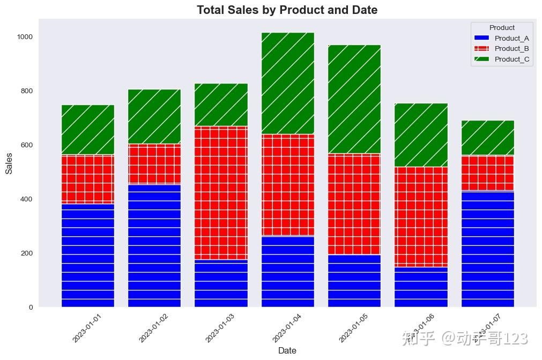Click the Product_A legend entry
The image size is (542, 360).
[x=511, y=38]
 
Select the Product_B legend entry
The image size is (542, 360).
[x=511, y=49]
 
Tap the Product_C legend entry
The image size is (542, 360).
[x=511, y=59]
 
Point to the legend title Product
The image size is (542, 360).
[x=502, y=27]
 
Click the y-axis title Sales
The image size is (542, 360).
[x=9, y=162]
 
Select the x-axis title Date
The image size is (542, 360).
[x=287, y=350]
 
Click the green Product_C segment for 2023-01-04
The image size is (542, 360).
[x=288, y=83]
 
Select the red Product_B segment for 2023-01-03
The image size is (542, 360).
[x=221, y=193]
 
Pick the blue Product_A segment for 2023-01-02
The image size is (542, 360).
[x=154, y=245]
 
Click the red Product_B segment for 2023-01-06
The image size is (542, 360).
[x=421, y=216]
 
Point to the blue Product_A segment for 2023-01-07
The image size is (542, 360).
[x=487, y=249]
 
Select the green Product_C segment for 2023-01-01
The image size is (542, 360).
[x=88, y=130]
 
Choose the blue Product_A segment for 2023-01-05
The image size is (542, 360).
[x=354, y=281]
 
